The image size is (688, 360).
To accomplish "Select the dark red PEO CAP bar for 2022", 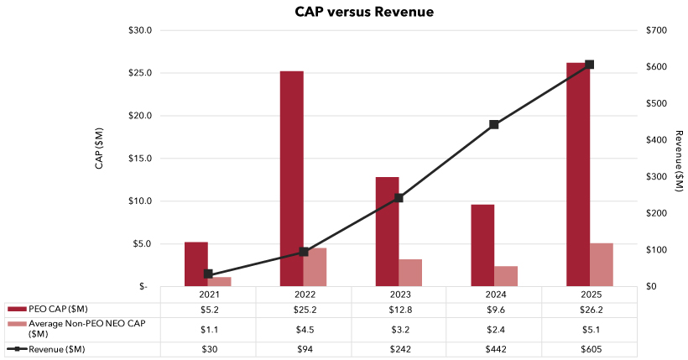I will pos(292,179).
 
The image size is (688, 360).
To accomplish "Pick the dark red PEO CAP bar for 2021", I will pos(196,264).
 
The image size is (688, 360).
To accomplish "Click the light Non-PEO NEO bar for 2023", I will pos(410,273).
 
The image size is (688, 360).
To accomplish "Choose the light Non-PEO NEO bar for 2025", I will pos(602,264).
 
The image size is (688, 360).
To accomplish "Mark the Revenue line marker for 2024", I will pos(493,124).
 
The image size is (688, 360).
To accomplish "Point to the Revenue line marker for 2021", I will pos(208,274).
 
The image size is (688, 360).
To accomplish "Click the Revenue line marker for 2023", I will pos(399,198).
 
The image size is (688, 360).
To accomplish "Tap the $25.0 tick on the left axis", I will pos(138,73).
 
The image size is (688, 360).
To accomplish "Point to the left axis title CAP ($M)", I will pos(99,149).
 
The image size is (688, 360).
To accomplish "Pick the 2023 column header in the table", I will pos(399,295).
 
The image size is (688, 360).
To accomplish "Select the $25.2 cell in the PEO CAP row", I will pos(303,310).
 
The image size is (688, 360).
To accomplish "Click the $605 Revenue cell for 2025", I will pos(590,349).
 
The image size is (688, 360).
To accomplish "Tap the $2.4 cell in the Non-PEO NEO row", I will pos(494,328).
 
